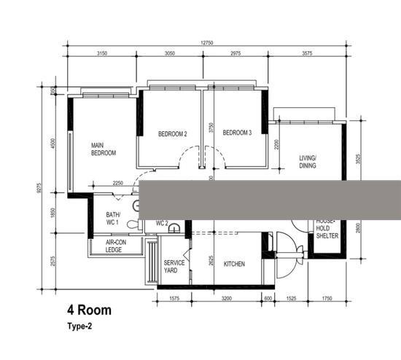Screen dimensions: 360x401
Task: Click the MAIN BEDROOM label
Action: pos(103,149)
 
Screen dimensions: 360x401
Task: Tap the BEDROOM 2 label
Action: pos(173,133)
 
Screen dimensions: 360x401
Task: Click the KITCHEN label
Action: pos(234,264)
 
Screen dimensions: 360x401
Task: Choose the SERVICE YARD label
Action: pos(174,266)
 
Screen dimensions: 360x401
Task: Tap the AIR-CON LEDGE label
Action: pos(113,246)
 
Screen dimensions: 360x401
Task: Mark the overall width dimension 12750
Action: pos(208,43)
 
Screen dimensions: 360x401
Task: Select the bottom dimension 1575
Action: pos(174,299)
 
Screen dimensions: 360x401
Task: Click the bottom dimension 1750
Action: pos(326,299)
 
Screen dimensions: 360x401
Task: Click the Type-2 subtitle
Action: pos(81,326)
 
